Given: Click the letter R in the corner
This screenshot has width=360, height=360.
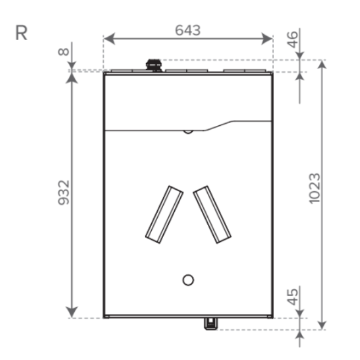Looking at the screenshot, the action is (x=21, y=33).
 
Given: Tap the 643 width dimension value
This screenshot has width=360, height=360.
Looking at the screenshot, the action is (x=188, y=30).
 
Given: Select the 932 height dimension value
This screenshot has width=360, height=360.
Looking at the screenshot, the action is (x=64, y=192).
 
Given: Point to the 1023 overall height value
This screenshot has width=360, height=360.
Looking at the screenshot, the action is (x=314, y=189).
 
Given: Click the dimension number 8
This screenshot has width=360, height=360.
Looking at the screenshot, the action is (x=63, y=52).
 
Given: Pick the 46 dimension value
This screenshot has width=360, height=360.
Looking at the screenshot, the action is (x=292, y=40).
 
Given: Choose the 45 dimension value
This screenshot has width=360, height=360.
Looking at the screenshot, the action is (x=292, y=297).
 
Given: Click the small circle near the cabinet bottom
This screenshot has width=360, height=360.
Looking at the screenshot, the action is (x=188, y=280).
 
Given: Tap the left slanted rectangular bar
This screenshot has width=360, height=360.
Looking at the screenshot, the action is (x=164, y=214).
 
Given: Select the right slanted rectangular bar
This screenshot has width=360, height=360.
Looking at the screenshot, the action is (x=212, y=214).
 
